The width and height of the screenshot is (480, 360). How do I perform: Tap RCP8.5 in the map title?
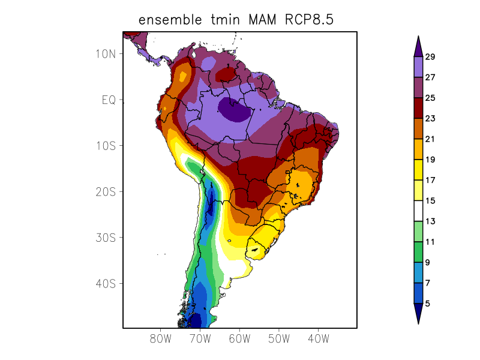305,20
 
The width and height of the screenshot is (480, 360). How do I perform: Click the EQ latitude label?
108,100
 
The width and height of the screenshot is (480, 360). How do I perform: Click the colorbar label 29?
430,57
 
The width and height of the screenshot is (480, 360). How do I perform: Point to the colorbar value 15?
430,201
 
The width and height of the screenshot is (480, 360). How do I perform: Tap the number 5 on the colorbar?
428,304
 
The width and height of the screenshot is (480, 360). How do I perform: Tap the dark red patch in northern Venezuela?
227,74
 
